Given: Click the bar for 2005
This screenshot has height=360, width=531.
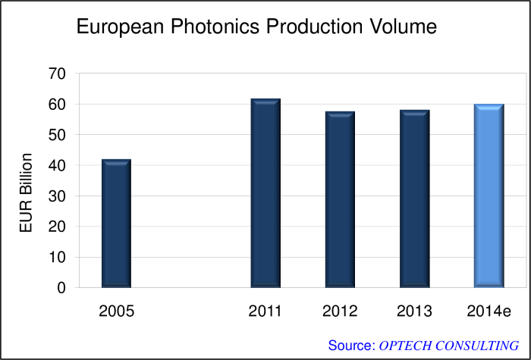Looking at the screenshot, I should [x=117, y=224].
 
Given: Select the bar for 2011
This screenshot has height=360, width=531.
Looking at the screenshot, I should [x=265, y=193].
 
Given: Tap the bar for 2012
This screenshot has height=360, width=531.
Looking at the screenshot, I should [x=340, y=199].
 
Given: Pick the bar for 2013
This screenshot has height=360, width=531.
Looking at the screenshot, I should [x=414, y=199].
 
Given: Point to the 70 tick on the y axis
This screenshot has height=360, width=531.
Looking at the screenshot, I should [x=58, y=74].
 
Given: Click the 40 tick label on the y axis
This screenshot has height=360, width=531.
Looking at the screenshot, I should [x=58, y=166].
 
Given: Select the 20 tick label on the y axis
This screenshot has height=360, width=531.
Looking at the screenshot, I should [x=58, y=227].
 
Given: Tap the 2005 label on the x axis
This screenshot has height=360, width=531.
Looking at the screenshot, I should [x=116, y=311].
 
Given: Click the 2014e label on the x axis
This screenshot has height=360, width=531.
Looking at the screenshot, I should [x=489, y=311].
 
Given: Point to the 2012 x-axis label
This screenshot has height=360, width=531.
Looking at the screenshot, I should [x=340, y=311].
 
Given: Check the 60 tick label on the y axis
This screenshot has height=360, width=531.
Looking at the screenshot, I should [x=58, y=105].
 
